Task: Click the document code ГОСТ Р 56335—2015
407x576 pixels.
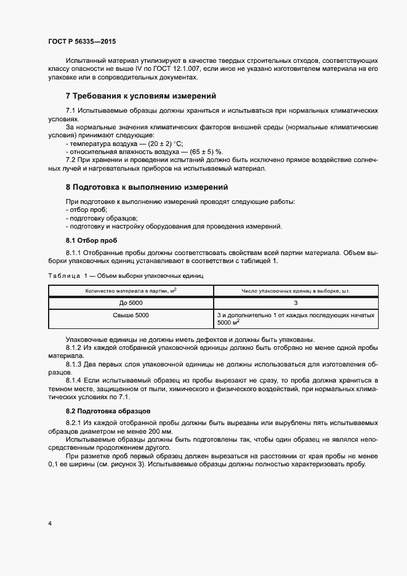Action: click(x=82, y=41)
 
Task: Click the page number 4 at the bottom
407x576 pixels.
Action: click(x=49, y=524)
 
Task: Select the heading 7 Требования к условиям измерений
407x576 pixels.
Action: click(x=140, y=96)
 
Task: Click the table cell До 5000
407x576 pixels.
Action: click(x=131, y=302)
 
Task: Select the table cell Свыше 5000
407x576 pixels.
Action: click(x=131, y=315)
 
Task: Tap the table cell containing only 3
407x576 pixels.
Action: click(x=296, y=302)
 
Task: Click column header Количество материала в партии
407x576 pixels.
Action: click(x=131, y=290)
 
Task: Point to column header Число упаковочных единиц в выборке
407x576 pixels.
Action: click(x=296, y=290)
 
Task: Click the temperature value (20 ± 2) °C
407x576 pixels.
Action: click(x=161, y=143)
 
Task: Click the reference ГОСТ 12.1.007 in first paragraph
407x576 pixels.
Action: click(x=180, y=70)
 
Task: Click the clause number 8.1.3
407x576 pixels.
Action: click(x=74, y=364)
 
